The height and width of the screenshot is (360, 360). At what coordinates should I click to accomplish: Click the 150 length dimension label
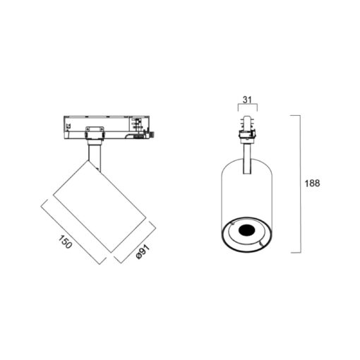pyautogui.click(x=65, y=241)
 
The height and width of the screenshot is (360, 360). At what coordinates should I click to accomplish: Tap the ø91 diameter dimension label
pyautogui.click(x=143, y=252)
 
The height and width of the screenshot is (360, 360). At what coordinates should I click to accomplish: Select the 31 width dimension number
pyautogui.click(x=247, y=100)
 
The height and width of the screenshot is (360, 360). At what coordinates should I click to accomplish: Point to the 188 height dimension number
pyautogui.click(x=312, y=184)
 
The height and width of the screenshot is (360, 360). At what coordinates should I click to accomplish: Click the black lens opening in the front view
pyautogui.click(x=246, y=230)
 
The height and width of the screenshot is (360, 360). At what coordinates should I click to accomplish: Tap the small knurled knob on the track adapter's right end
pyautogui.click(x=152, y=136)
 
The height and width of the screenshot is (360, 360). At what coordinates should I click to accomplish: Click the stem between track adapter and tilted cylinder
pyautogui.click(x=95, y=157)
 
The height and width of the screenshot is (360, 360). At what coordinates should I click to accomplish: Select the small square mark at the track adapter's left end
pyautogui.click(x=68, y=126)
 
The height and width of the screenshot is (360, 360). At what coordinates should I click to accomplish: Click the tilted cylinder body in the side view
pyautogui.click(x=100, y=206)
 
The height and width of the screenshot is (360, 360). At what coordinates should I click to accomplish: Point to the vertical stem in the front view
pyautogui.click(x=247, y=159)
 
